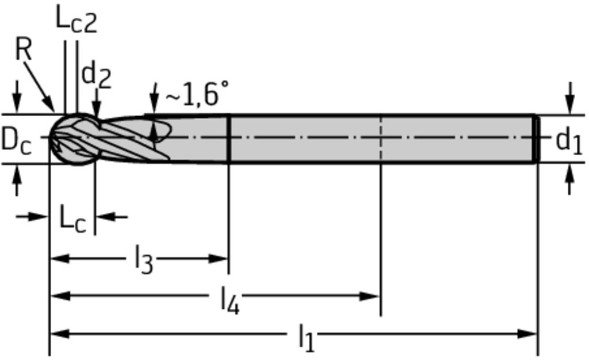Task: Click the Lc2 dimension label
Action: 77,19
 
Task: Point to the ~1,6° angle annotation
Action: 197,94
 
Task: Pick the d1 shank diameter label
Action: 569,140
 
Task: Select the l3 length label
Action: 144,259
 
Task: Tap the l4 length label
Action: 230,300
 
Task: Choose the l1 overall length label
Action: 307,337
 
